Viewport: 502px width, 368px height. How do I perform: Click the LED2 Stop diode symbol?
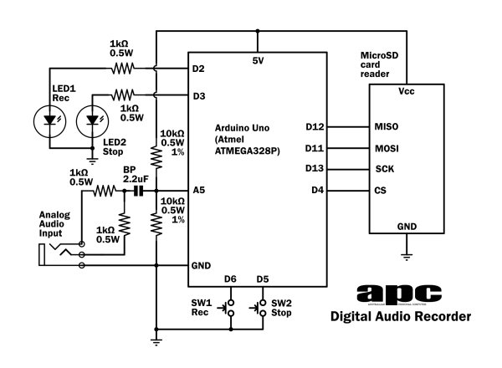91,120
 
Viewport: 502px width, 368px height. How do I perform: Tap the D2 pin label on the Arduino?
199,69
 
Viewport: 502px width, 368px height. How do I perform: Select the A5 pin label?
199,191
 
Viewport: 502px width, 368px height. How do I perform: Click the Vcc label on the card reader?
407,89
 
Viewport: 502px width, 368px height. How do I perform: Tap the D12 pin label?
316,127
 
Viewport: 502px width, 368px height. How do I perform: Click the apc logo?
398,293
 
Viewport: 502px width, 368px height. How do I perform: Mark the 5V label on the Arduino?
258,60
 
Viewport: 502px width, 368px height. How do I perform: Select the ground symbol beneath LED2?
91,159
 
